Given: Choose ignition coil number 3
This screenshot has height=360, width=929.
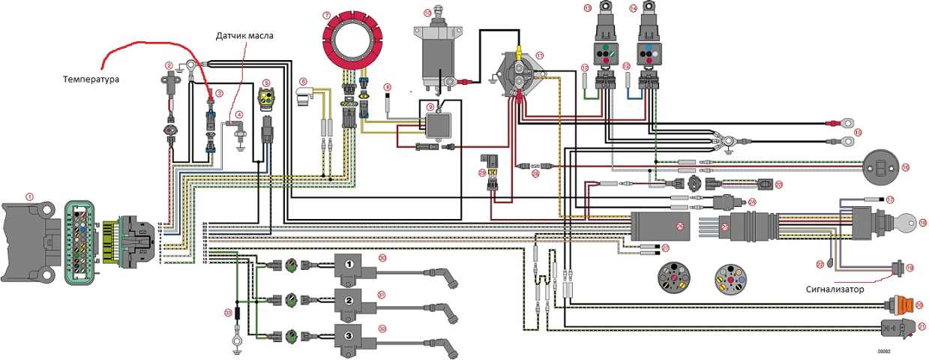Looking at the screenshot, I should coord(348,336).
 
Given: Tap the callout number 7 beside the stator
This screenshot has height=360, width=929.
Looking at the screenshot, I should coord(326,15).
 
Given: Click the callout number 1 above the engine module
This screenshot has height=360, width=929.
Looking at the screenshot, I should coord(30,196).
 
